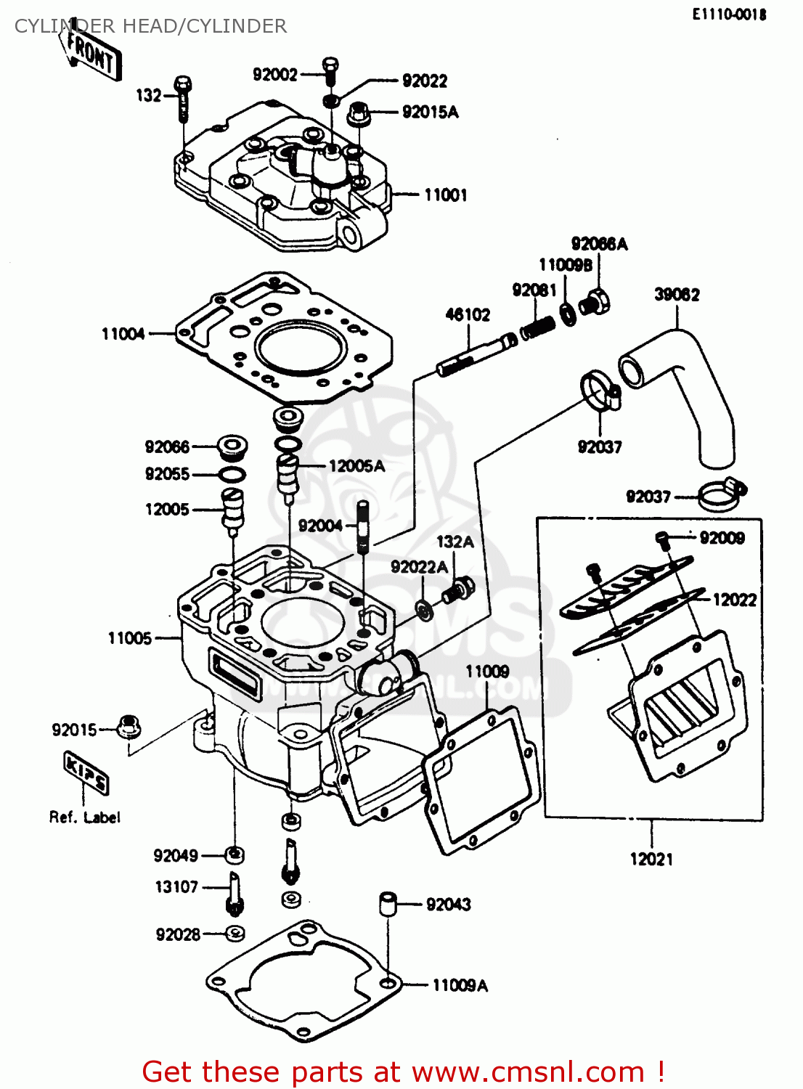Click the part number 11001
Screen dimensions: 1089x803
coord(445,195)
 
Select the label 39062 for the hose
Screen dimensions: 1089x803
coord(677,295)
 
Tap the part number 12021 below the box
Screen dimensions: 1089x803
coord(651,860)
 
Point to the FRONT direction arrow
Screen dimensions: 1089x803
coord(91,53)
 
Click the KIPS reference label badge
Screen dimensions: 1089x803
coord(86,772)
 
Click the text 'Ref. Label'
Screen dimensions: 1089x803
coord(84,817)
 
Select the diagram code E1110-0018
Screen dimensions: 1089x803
coord(728,15)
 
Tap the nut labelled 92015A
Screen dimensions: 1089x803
coord(359,113)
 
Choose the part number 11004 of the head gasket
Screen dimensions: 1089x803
coord(123,334)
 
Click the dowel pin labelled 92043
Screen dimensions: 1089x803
coord(388,905)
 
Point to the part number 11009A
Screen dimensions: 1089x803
coord(460,985)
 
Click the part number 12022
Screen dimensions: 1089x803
coord(734,600)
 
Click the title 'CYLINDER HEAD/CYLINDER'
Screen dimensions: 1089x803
coord(150,26)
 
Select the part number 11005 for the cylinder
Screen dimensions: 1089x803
coord(130,638)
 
